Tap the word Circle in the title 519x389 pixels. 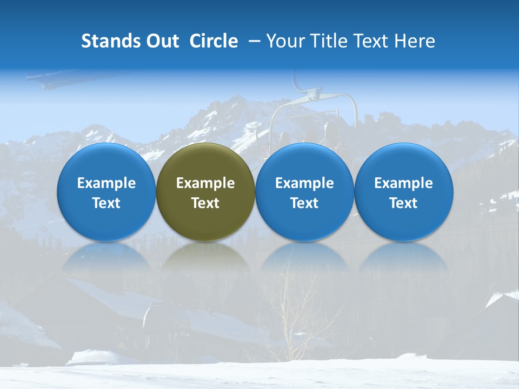point(214,41)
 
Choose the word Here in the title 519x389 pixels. point(415,41)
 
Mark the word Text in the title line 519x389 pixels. point(371,41)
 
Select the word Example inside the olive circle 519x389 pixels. point(205,183)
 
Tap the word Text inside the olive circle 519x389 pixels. point(205,203)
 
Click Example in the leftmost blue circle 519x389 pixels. point(107,183)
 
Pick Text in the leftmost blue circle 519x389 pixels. point(107,203)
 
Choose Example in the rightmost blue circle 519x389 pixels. point(403,183)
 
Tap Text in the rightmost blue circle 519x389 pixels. point(403,203)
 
